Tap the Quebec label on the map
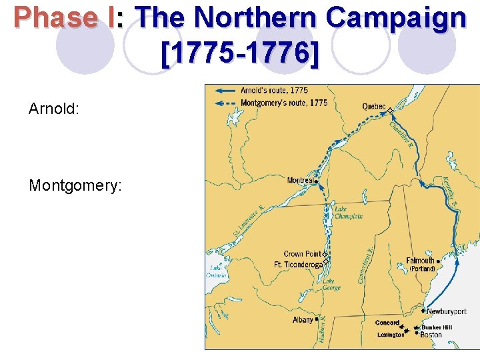[373, 106]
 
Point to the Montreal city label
[300, 180]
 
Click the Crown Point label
[302, 254]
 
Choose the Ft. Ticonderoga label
[298, 264]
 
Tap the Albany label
[302, 320]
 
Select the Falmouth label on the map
[420, 261]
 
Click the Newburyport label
[446, 311]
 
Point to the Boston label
[431, 335]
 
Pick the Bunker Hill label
[436, 327]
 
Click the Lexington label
[390, 335]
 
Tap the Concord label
[387, 323]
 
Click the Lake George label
[331, 285]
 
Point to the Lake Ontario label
[216, 271]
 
